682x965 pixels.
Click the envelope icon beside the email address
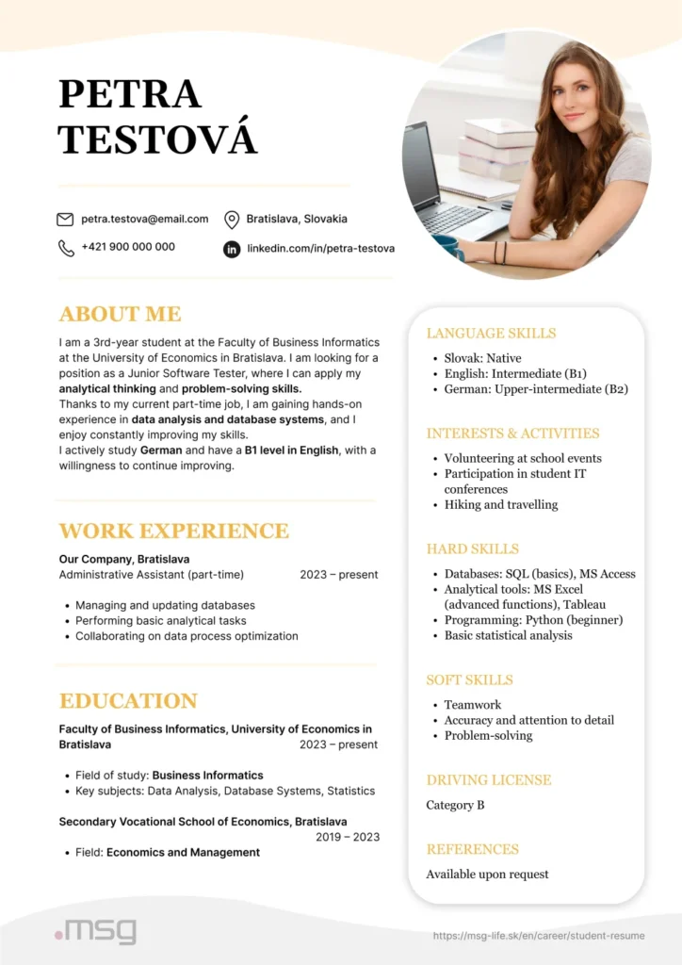(65, 220)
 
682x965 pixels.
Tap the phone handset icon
(66, 248)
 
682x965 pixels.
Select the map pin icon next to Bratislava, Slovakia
(231, 220)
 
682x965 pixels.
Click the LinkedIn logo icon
(231, 249)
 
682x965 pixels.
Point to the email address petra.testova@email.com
(144, 219)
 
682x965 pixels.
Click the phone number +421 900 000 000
(128, 247)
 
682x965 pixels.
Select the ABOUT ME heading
(120, 314)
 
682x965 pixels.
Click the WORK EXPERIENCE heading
(173, 530)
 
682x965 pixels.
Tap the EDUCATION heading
(128, 700)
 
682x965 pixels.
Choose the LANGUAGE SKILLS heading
(491, 333)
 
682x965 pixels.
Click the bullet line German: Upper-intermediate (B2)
(535, 388)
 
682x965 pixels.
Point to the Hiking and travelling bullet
(500, 504)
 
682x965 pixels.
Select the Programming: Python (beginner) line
(533, 620)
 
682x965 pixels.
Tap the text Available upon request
(487, 874)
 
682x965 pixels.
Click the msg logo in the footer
(95, 931)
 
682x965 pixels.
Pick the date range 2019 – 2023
(347, 837)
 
